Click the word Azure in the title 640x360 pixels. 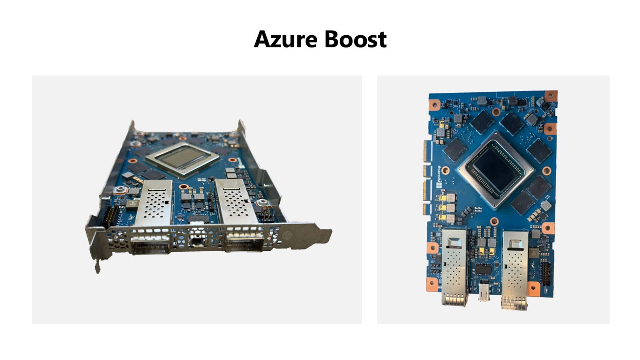tap(285, 39)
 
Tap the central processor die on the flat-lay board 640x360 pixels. tap(496, 171)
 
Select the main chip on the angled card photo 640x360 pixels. tap(183, 159)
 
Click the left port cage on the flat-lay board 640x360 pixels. tap(455, 267)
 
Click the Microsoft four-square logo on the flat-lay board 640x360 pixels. tap(439, 185)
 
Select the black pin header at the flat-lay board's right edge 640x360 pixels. tap(546, 274)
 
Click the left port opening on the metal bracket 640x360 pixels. tap(150, 244)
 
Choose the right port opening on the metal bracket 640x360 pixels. tap(245, 241)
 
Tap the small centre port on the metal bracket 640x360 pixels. tap(197, 241)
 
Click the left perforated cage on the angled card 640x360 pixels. tap(154, 202)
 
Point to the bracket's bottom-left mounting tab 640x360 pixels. tap(97, 265)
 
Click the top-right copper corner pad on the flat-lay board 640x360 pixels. tap(551, 96)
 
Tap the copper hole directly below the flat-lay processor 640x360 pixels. tap(494, 221)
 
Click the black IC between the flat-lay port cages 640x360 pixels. tap(484, 269)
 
